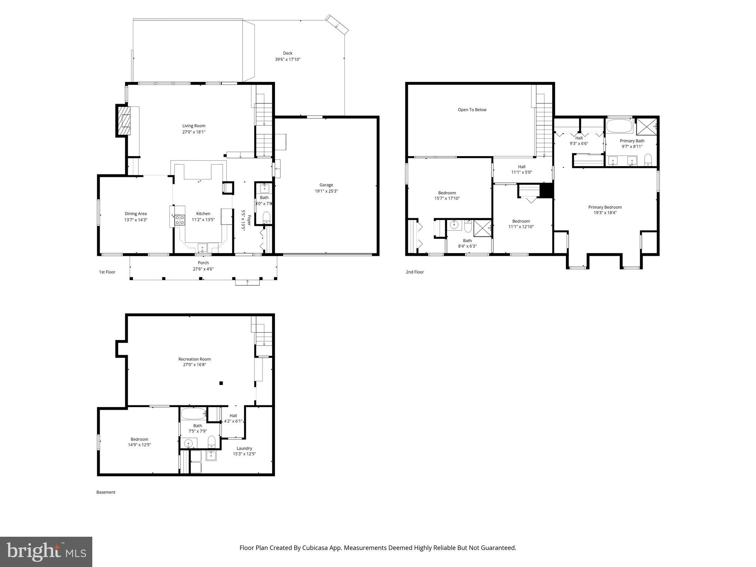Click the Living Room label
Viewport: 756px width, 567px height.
tap(193, 126)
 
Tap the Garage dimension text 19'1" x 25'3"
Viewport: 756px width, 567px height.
tap(326, 191)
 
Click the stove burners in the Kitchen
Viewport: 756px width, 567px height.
tap(180, 220)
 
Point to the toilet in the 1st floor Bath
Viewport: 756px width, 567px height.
tap(266, 217)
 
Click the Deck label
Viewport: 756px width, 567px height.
tap(288, 53)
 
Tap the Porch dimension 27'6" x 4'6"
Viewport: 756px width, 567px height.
tap(203, 269)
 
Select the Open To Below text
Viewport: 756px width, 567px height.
tap(472, 110)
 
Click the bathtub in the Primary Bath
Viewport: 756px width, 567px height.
tap(619, 126)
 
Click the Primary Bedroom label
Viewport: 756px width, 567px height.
tap(605, 207)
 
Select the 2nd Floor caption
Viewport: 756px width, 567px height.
tap(415, 272)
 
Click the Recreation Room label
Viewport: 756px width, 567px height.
tap(194, 359)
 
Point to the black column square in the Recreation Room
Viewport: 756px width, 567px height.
tap(221, 383)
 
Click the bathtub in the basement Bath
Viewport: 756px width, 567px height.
tap(193, 413)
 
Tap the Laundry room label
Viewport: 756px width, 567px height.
tap(244, 448)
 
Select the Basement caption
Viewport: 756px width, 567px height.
tap(106, 492)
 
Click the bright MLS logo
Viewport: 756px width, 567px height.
tap(46, 551)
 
